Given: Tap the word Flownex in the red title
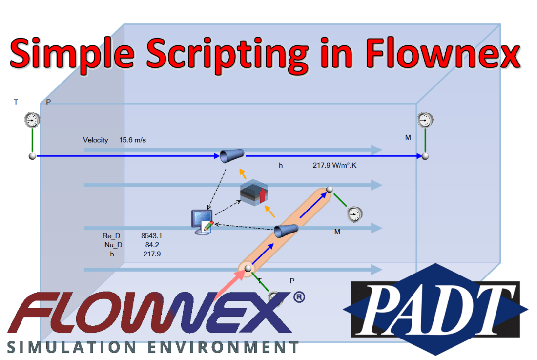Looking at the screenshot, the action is coord(443,53).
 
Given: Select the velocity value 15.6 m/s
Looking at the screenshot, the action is coord(132,140).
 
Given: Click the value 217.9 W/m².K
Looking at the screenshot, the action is coord(334,165).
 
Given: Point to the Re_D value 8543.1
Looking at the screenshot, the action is coord(151,235).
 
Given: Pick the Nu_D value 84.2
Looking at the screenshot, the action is coord(152,245).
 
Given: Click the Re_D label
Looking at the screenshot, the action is coord(111,235).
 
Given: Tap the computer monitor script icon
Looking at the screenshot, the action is coord(202,222).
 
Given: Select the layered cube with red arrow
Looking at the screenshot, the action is coord(254,192).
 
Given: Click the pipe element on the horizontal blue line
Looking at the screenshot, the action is coord(232,155).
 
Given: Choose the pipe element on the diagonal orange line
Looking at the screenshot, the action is coord(286,231).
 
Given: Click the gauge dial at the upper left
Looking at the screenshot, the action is coord(32,120).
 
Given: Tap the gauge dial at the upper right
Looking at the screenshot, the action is coord(425,120).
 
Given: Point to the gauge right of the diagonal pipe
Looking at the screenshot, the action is coord(354,214).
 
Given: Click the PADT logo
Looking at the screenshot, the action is coord(435,309).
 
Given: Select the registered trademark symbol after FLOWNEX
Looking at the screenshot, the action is coord(299,297).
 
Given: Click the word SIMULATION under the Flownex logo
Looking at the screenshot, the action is coord(72,347).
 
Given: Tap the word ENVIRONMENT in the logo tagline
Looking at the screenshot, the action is coord(223,347).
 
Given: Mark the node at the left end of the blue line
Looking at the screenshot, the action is coord(32,156).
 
